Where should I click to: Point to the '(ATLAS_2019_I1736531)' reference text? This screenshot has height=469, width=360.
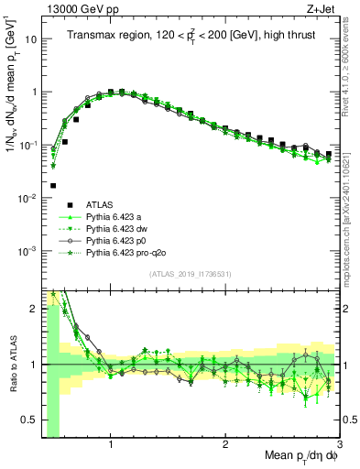point(190,274)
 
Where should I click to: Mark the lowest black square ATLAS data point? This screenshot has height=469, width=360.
point(53,186)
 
